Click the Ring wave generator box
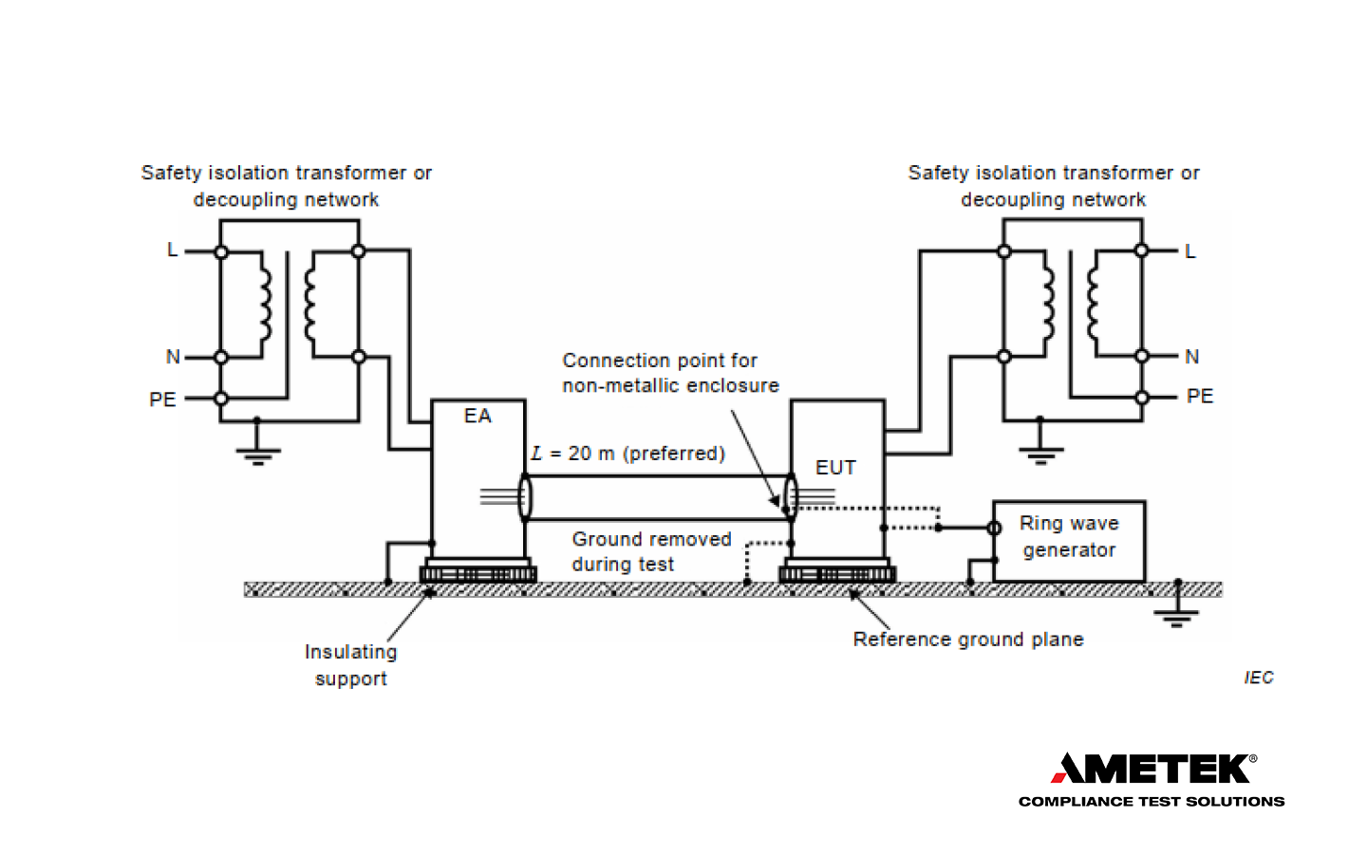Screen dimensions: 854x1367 tap(1069, 541)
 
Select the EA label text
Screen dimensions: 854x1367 tap(478, 417)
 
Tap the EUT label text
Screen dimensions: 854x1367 tap(835, 468)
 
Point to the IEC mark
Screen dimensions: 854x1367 tap(1259, 678)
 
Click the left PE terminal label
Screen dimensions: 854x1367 tap(162, 399)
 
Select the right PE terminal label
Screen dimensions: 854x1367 tap(1200, 397)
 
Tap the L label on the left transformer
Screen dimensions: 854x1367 tap(172, 251)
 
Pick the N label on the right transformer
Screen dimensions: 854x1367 tap(1192, 357)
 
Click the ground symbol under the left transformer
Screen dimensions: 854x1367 tap(257, 454)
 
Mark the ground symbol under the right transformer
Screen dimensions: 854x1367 tap(1040, 453)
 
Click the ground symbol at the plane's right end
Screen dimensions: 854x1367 tap(1176, 616)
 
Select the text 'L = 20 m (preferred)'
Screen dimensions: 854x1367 tap(628, 454)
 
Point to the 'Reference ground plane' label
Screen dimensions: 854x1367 tap(968, 640)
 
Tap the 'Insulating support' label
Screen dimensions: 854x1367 tap(351, 665)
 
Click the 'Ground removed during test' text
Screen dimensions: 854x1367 tap(651, 551)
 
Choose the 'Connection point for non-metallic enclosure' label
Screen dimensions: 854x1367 tap(670, 373)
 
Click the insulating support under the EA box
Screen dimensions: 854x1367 tap(478, 572)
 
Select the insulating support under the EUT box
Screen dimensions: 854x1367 tap(837, 572)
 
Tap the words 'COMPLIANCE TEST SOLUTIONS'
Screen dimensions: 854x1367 tap(1152, 802)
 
